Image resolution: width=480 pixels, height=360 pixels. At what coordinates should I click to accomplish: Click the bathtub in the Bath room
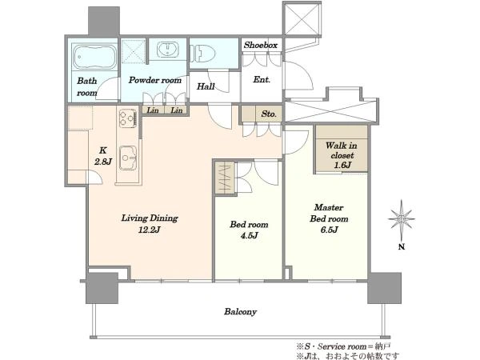point(94,57)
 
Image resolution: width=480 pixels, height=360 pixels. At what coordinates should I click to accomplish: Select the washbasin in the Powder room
point(168,50)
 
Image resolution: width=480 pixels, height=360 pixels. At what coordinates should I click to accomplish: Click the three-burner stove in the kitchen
point(128,118)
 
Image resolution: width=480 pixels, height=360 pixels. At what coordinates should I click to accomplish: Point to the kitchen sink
point(128,158)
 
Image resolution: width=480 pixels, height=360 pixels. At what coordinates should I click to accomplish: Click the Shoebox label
point(261,46)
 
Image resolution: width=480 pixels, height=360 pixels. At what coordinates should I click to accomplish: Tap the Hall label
point(206,86)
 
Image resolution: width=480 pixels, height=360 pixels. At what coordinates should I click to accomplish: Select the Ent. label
point(262,79)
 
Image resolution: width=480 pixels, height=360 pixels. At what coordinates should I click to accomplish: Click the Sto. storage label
point(269,114)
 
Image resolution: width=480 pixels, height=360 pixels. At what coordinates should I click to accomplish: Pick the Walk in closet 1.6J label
point(342,155)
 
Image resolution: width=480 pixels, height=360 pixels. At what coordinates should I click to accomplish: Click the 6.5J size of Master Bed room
point(330,230)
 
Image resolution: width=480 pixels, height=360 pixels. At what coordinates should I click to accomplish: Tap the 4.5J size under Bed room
point(249,235)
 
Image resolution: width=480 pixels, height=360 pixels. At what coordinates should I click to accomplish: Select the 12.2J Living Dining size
point(150,230)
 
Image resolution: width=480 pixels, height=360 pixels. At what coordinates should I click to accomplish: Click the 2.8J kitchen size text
point(103,162)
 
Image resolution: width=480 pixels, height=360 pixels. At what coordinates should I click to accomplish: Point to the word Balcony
point(240,312)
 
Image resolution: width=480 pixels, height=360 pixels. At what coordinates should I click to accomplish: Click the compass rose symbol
point(402,219)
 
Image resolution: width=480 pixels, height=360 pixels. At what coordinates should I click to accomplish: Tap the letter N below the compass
point(402,246)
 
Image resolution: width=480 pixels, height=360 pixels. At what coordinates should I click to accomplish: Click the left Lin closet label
point(153,110)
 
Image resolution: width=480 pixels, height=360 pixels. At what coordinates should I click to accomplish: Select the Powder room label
point(155,80)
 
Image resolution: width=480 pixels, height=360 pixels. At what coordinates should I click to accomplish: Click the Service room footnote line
point(343,347)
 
